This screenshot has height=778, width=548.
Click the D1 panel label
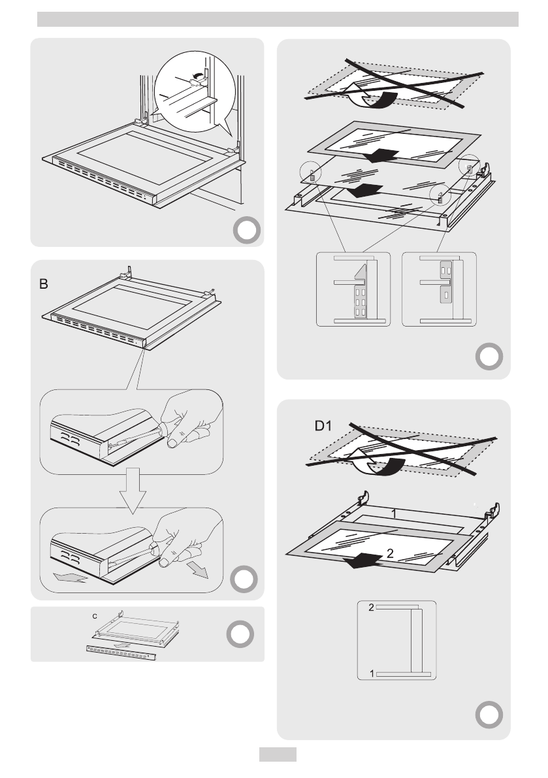tap(321, 427)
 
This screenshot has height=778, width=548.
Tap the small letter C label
tap(94, 615)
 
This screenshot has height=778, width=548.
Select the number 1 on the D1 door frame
tap(395, 514)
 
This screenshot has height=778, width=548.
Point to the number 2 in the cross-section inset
tap(371, 608)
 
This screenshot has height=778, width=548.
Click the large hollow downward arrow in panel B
tap(132, 489)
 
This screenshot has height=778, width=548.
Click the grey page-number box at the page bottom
tap(278, 754)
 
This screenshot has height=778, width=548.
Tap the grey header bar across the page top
tap(278, 20)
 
